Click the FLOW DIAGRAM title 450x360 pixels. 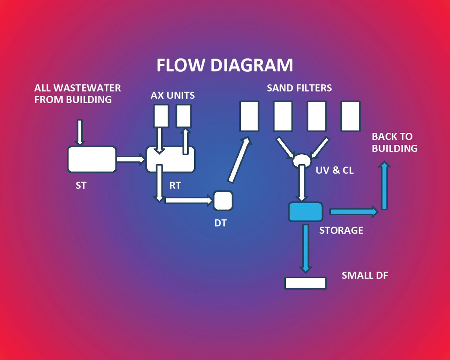(x=224, y=65)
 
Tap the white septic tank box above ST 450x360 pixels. (x=91, y=159)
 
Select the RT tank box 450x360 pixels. (x=171, y=159)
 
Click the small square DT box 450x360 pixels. (x=223, y=201)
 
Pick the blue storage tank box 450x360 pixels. (x=306, y=212)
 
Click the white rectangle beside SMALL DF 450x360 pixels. (x=305, y=283)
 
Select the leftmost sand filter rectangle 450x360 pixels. (x=249, y=116)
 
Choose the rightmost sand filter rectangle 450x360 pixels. (x=350, y=116)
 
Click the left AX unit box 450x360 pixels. (x=161, y=116)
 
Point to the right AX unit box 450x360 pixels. (x=184, y=116)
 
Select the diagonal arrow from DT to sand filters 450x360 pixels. (x=239, y=159)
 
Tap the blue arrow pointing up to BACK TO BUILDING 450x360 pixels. (x=384, y=185)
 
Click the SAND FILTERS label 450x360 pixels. (x=299, y=88)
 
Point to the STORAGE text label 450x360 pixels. (x=341, y=230)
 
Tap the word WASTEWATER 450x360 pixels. (x=88, y=88)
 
